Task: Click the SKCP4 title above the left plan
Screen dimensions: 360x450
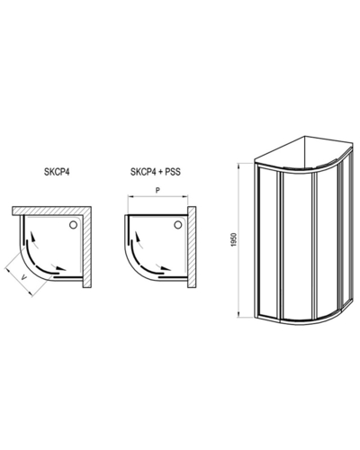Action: [57, 173]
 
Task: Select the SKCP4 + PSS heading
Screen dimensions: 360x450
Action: [156, 172]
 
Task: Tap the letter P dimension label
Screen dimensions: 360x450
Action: [158, 190]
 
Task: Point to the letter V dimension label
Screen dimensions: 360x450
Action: [24, 279]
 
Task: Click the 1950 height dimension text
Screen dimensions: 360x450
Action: [235, 239]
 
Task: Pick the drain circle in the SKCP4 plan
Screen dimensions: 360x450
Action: [73, 225]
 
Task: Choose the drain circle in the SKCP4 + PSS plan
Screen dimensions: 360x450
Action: [178, 225]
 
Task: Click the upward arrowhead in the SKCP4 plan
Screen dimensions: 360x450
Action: [33, 238]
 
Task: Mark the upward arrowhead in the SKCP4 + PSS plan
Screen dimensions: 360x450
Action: [138, 238]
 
